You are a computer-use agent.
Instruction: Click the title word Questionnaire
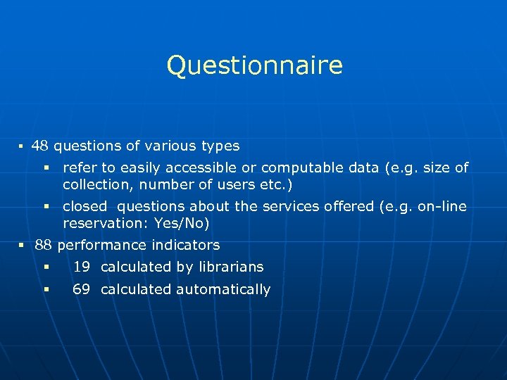254,65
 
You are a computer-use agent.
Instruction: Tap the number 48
40,146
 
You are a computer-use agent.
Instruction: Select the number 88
43,246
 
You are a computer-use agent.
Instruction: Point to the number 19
82,267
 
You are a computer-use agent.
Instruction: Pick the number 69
82,290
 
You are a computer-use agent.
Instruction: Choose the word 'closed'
84,207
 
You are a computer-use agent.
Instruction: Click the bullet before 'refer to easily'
46,168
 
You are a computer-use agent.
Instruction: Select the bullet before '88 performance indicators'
22,246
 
